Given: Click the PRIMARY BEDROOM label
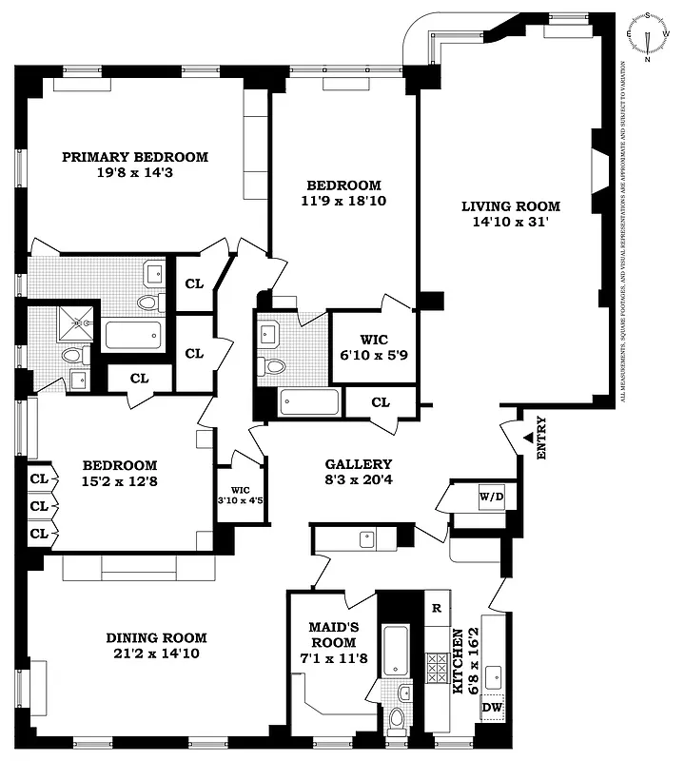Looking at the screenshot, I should click(x=135, y=157).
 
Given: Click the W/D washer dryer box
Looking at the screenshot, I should click(x=491, y=496).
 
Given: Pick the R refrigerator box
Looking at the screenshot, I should click(x=437, y=608).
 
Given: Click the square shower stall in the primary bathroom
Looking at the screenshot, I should click(x=74, y=322).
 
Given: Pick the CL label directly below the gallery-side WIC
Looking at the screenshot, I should click(x=381, y=402).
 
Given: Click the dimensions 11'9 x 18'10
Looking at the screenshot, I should click(x=343, y=201).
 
